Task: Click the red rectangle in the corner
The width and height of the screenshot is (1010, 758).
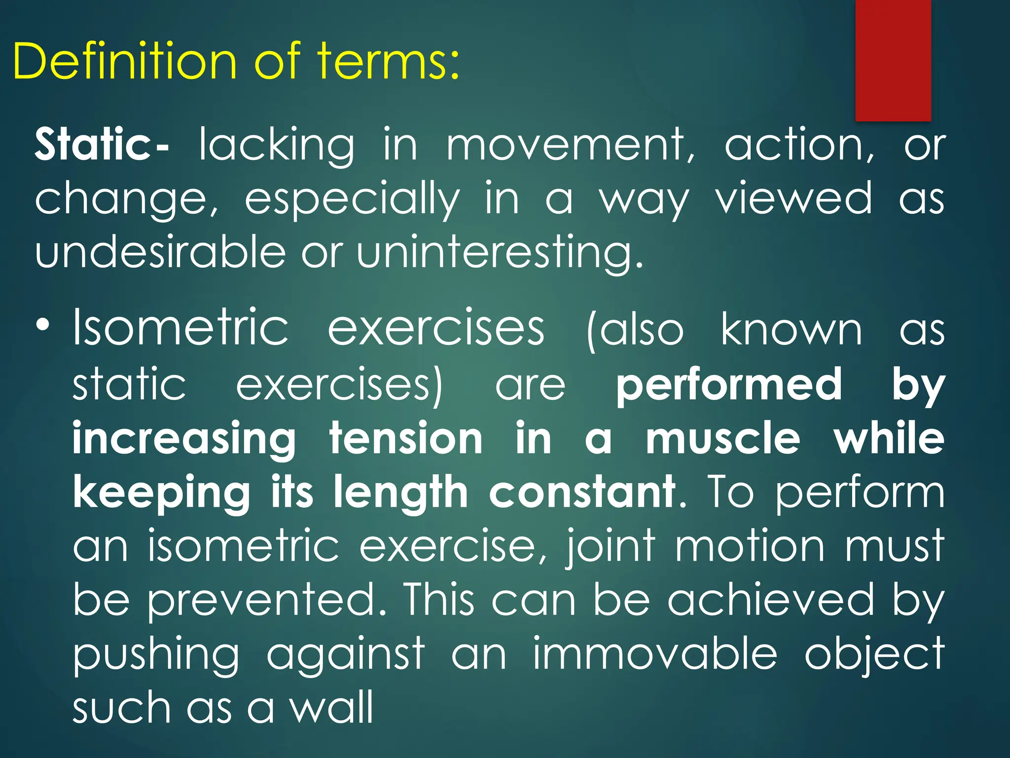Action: tap(893, 60)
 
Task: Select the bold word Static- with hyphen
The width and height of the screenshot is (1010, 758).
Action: tap(101, 145)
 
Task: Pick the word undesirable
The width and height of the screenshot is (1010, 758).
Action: tap(160, 252)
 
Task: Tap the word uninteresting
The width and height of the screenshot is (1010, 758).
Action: tap(499, 252)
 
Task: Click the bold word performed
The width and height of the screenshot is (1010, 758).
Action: tap(729, 384)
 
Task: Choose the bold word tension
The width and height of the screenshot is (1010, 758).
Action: tap(406, 439)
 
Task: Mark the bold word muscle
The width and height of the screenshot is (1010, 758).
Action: tap(723, 439)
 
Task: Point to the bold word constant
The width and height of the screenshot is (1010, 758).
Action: tap(582, 492)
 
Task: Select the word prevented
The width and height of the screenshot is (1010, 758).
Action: tap(267, 600)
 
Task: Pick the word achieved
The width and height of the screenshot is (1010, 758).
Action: tap(771, 600)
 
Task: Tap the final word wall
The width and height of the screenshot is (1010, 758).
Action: tap(331, 707)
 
